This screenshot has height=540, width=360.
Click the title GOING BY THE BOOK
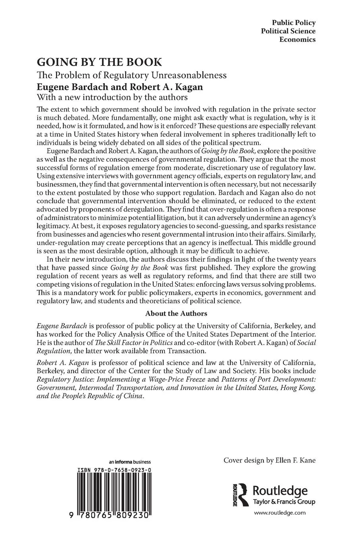[99, 62]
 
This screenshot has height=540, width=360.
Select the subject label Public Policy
[294, 23]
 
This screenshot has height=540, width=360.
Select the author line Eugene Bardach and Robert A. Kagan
[120, 87]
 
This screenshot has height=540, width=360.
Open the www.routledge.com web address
[280, 513]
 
